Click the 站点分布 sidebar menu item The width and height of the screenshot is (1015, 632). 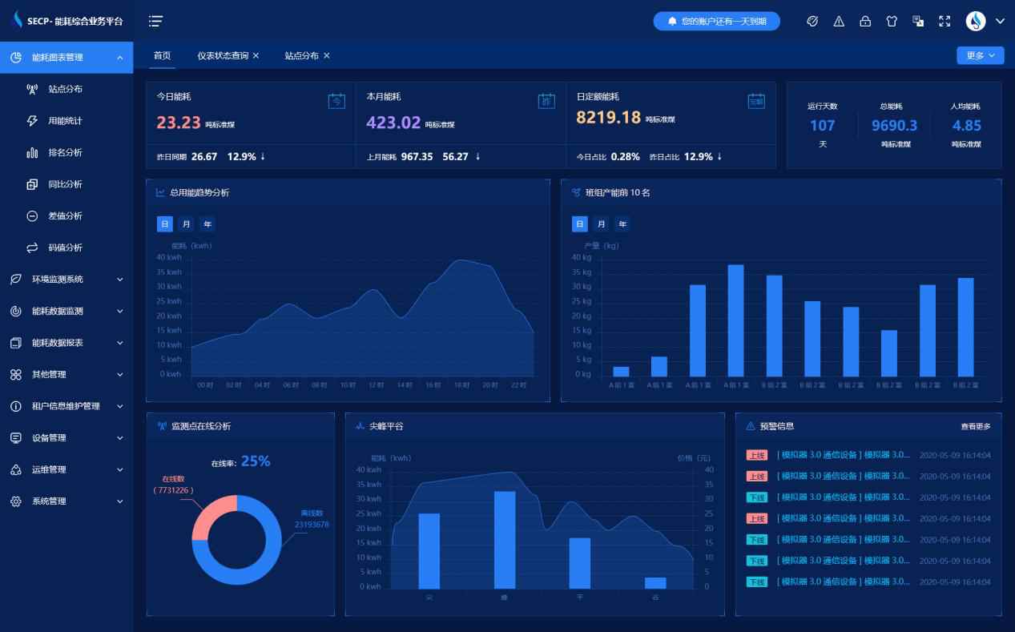(65, 89)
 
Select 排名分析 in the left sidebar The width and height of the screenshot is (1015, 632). (65, 152)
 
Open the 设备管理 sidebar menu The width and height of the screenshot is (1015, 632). (66, 438)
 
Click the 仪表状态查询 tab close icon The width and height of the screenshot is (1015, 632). (256, 56)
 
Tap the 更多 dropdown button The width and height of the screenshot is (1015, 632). (980, 55)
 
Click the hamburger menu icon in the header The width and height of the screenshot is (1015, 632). (155, 22)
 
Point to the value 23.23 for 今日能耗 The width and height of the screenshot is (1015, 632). (178, 123)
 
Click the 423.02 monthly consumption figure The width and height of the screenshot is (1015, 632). (393, 123)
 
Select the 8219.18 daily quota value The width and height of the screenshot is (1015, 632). (608, 118)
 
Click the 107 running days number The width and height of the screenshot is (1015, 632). (822, 125)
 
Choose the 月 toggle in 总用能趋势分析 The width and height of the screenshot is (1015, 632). (186, 224)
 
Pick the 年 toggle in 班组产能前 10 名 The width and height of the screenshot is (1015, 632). (622, 224)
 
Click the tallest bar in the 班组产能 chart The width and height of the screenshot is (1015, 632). (735, 320)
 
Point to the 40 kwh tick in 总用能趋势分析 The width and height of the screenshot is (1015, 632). (169, 257)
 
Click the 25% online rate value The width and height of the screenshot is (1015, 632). (256, 461)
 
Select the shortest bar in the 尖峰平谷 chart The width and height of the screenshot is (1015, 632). (655, 582)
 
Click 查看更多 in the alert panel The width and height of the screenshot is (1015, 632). (975, 426)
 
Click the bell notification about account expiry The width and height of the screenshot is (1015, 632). (716, 22)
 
